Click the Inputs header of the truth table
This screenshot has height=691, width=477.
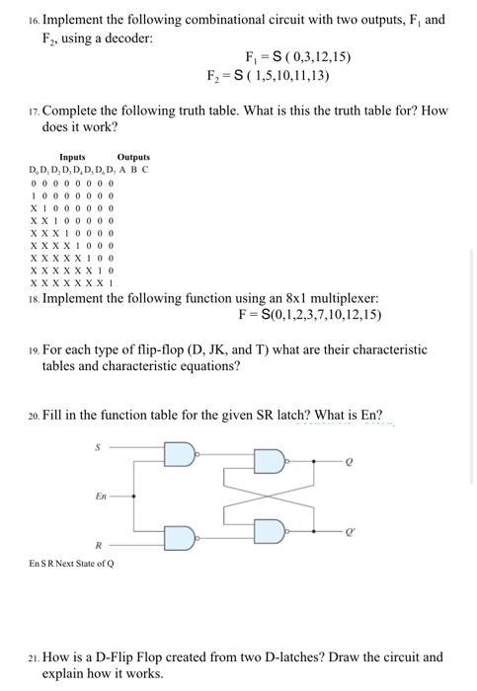72,157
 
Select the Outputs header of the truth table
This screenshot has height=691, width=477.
133,157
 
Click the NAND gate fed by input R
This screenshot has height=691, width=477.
179,539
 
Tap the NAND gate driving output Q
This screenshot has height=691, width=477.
269,461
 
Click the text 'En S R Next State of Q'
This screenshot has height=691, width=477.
71,564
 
